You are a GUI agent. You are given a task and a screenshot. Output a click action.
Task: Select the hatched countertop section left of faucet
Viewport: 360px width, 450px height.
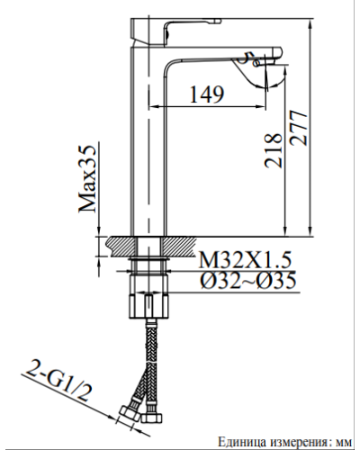tap(118, 243)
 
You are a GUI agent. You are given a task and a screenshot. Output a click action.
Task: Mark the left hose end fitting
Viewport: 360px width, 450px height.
tap(128, 415)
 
